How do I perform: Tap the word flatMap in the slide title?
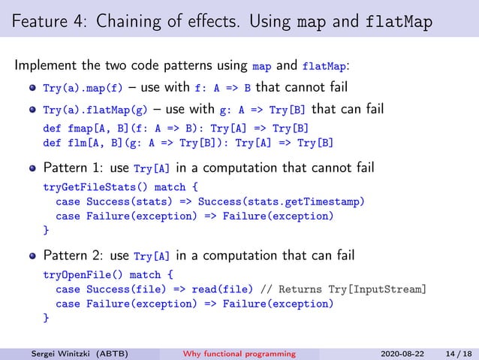[399, 22]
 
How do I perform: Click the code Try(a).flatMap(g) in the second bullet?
[95, 110]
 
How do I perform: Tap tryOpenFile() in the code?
[77, 274]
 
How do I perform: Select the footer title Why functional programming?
[240, 353]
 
